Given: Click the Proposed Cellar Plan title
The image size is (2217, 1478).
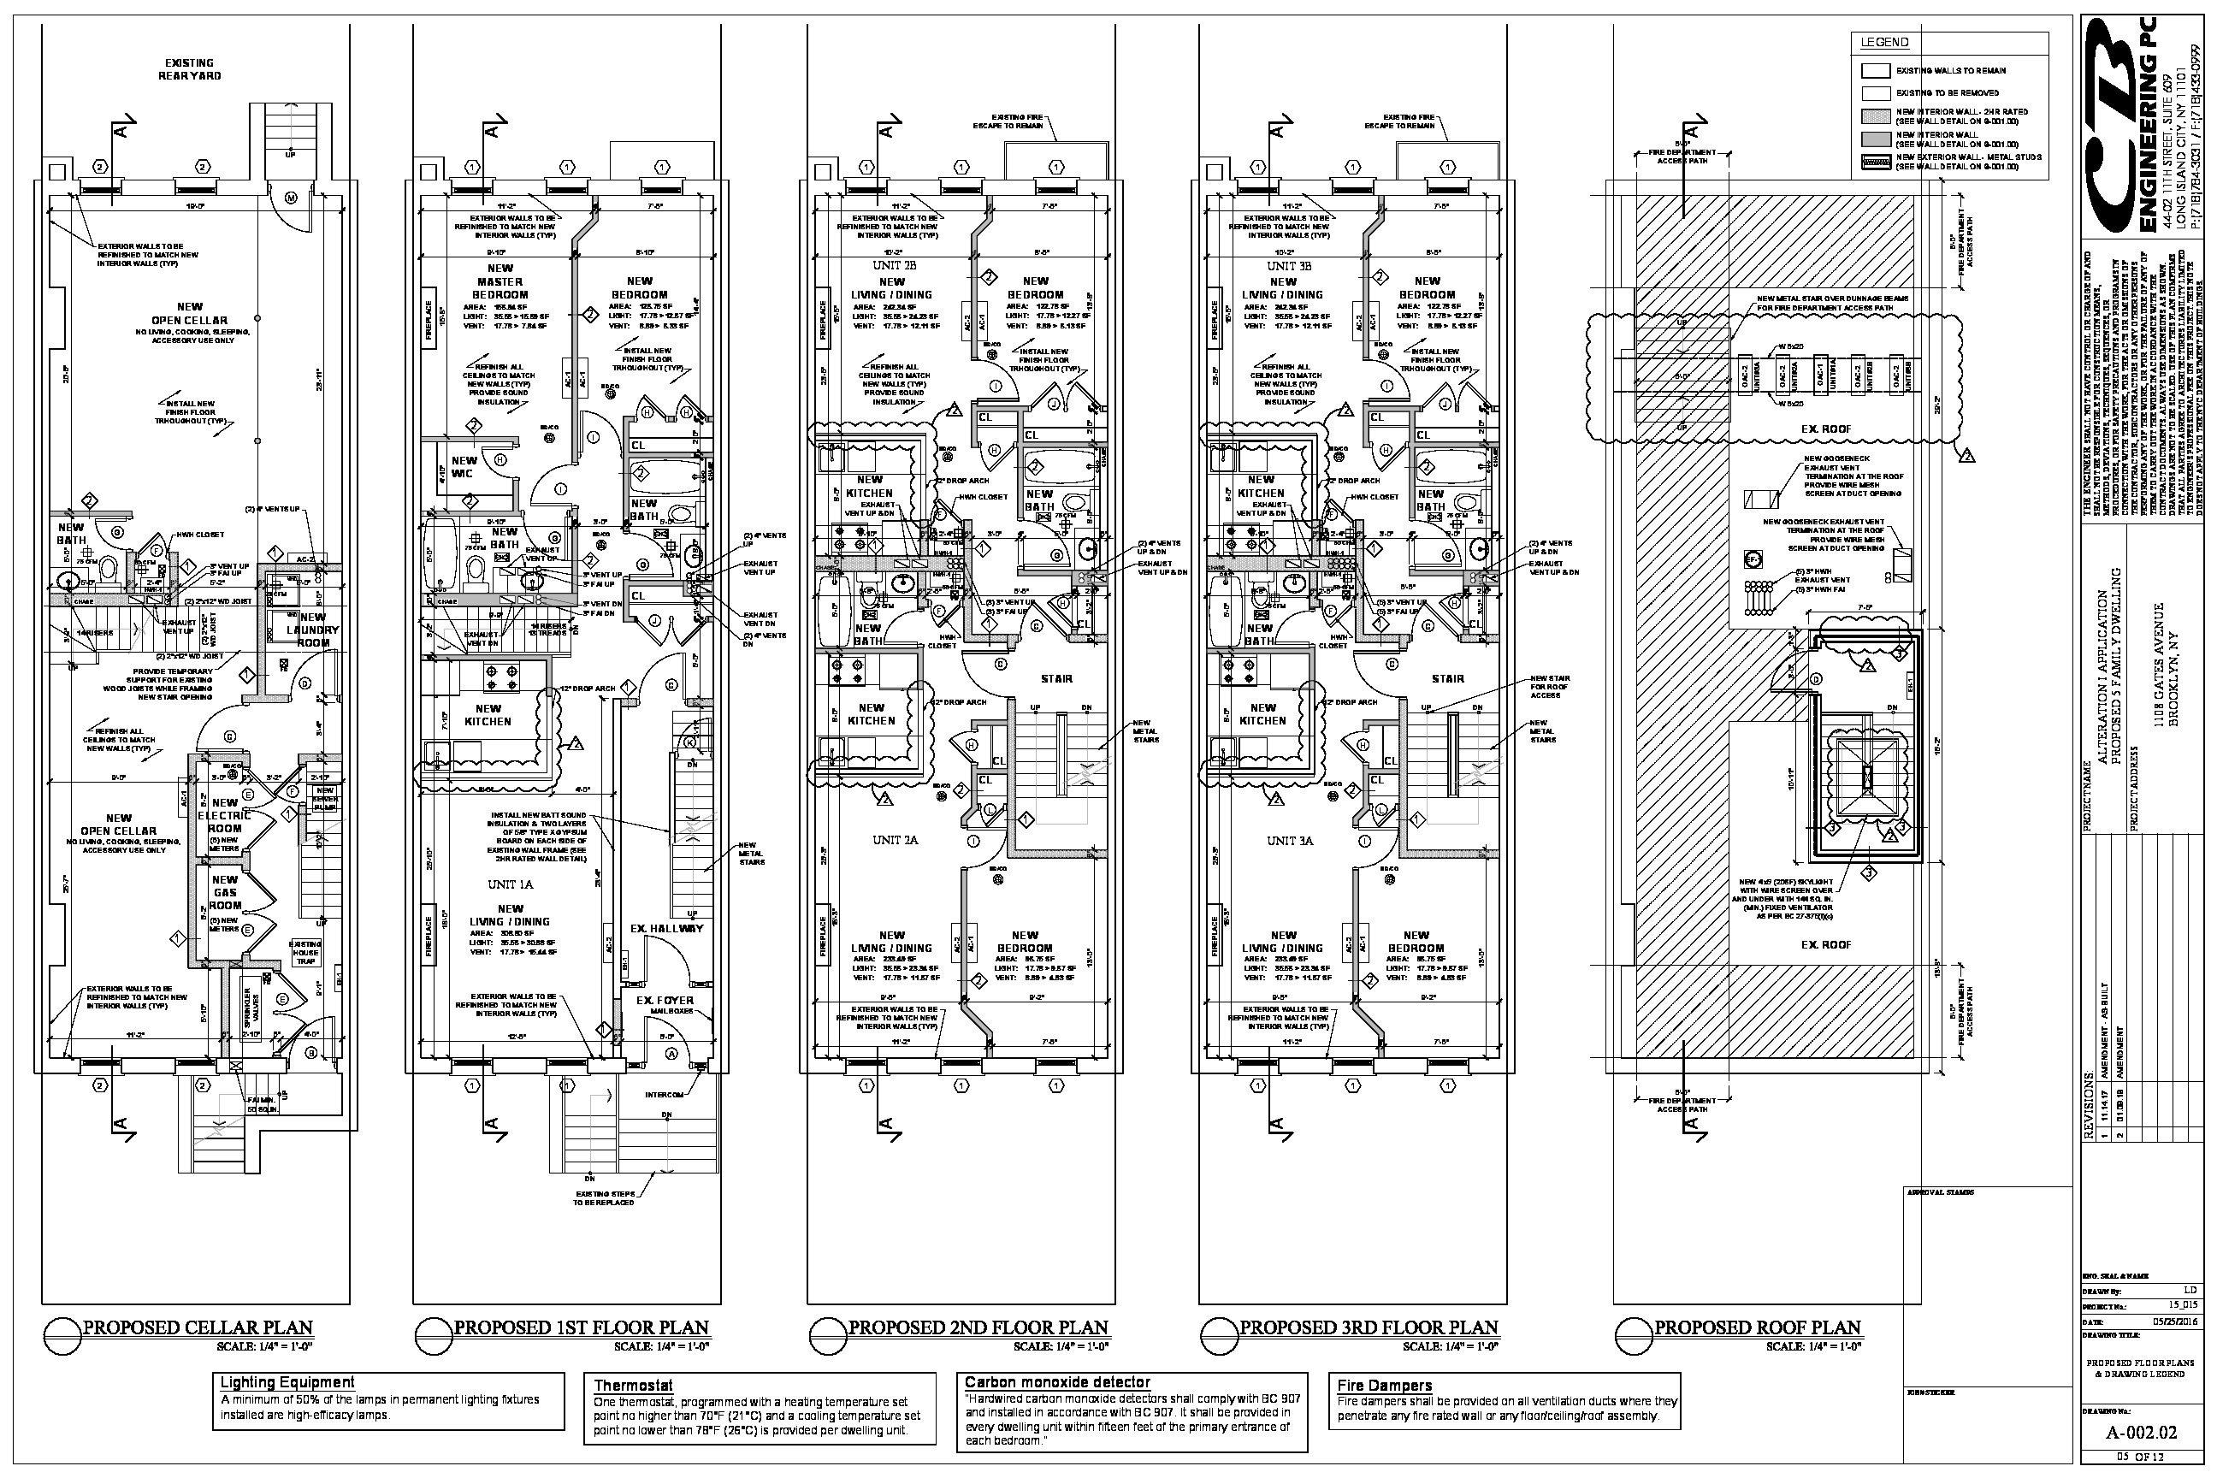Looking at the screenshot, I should (197, 1327).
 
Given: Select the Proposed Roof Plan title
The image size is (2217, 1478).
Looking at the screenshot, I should (1757, 1327).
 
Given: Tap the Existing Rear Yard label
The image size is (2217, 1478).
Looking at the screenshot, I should (190, 68).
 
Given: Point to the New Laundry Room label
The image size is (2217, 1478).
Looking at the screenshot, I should (313, 630).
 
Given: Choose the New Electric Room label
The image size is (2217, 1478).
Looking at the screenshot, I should (225, 815).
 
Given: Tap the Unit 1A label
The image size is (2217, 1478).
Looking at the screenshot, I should (510, 884).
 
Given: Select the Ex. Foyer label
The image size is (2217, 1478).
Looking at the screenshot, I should (665, 1000).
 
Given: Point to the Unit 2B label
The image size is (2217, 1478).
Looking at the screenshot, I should (895, 266).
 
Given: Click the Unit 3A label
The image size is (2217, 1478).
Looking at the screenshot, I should (1290, 840).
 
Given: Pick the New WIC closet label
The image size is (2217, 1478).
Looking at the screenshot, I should (464, 467).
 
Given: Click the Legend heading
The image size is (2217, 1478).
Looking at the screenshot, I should (1884, 43).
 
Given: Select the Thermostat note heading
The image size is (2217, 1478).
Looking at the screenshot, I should (634, 1385).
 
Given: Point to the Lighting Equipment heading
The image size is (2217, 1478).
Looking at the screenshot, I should (287, 1382).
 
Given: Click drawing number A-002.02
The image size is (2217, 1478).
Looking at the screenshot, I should (2142, 1433).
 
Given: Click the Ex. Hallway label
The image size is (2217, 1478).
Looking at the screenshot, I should (666, 929).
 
